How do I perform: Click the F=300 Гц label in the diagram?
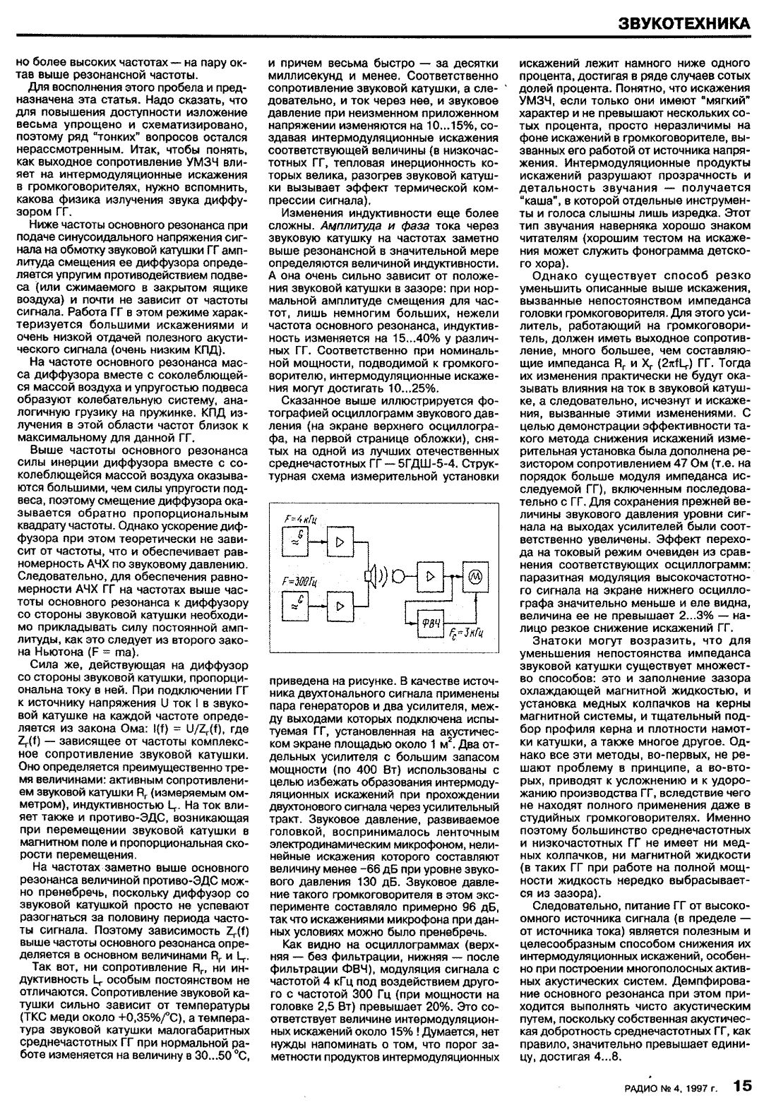[298, 581]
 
